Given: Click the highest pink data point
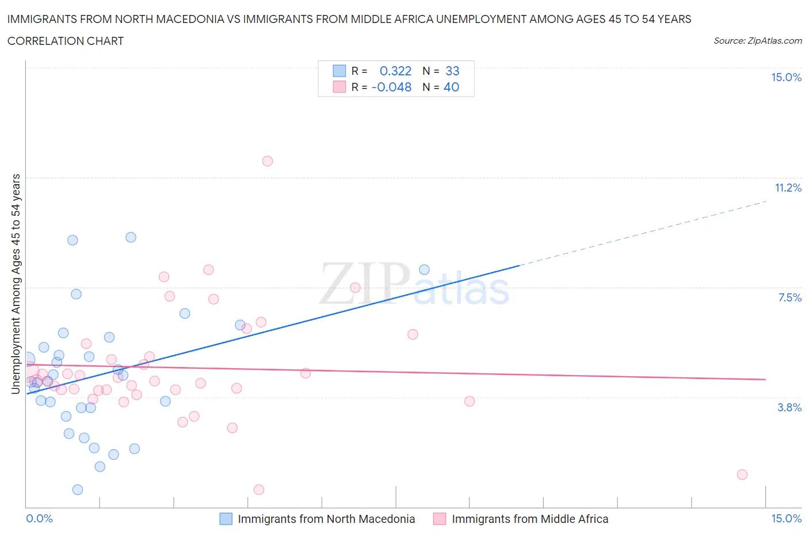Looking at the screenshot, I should pyautogui.click(x=268, y=161).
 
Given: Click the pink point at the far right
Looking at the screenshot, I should pyautogui.click(x=742, y=475).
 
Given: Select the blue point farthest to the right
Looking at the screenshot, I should pyautogui.click(x=425, y=270).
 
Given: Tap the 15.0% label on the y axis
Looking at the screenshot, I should pyautogui.click(x=786, y=78).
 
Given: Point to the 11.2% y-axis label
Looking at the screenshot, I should pyautogui.click(x=788, y=188).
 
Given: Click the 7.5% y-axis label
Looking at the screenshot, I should pyautogui.click(x=789, y=298).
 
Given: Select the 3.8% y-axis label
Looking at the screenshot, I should pyautogui.click(x=789, y=408).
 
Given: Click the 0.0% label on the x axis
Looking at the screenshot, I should pyautogui.click(x=40, y=519).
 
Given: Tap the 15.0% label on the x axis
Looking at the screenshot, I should pyautogui.click(x=786, y=519).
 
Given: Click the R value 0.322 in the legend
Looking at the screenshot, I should pyautogui.click(x=395, y=71).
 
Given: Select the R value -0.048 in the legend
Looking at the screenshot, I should pyautogui.click(x=391, y=87).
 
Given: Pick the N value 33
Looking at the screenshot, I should pyautogui.click(x=452, y=71).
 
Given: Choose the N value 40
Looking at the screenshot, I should pyautogui.click(x=452, y=87).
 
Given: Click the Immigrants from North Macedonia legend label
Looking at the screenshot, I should pyautogui.click(x=326, y=519).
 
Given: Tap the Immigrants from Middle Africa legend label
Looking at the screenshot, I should pyautogui.click(x=530, y=519).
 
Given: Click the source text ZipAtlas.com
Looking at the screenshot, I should pyautogui.click(x=758, y=41).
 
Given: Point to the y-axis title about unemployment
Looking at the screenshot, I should pyautogui.click(x=16, y=284).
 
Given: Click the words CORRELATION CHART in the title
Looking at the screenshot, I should pyautogui.click(x=66, y=41).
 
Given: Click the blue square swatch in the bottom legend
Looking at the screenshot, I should pyautogui.click(x=226, y=519).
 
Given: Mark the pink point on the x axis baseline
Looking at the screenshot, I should pyautogui.click(x=259, y=490).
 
